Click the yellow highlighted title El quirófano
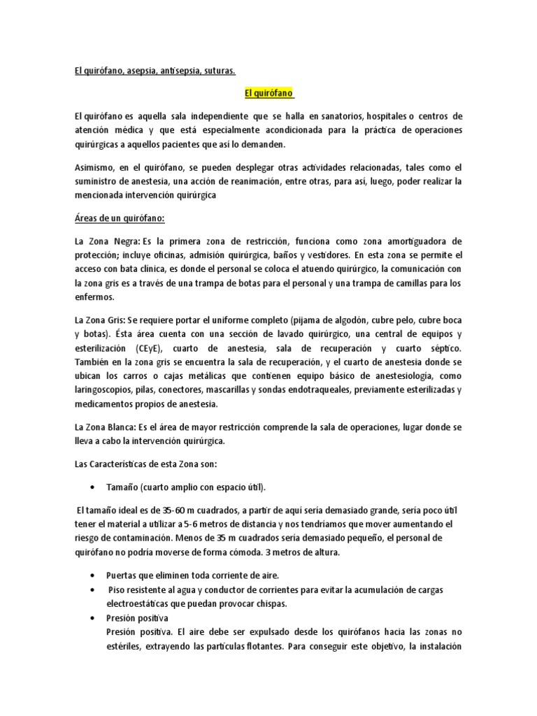pyautogui.click(x=268, y=93)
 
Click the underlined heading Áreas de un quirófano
pyautogui.click(x=119, y=219)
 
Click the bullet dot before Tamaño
pyautogui.click(x=94, y=487)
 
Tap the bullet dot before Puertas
pyautogui.click(x=94, y=575)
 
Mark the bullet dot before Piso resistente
pyautogui.click(x=94, y=590)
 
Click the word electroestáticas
pyautogui.click(x=141, y=603)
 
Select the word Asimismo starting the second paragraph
pyautogui.click(x=98, y=167)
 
